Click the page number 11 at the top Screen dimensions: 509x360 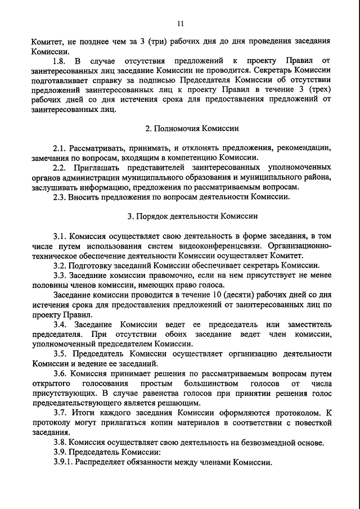pos(180,23)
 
